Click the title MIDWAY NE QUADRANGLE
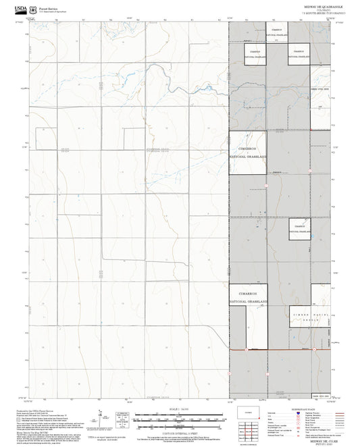[315, 5]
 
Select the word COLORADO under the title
[315, 9]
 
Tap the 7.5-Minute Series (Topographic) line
[315, 13]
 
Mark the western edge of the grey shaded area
[229, 203]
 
